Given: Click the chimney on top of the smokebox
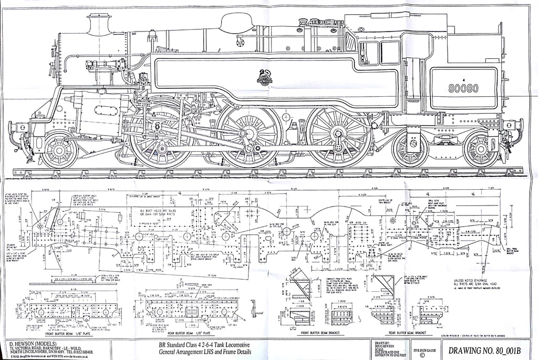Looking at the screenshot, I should [98, 24].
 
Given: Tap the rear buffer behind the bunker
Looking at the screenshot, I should [520, 125].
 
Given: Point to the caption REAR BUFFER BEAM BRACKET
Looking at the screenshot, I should [415, 333].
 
